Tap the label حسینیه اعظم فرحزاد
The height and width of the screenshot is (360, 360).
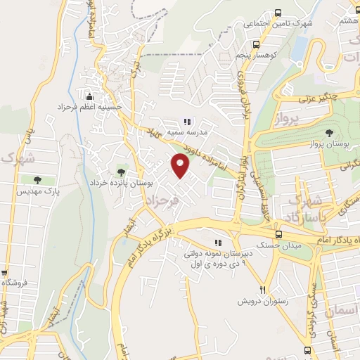pos(91,108)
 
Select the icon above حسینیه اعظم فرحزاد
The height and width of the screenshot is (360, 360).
pos(89,96)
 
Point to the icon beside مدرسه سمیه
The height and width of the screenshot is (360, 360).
pos(186,120)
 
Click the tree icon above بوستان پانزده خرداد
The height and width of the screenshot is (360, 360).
pos(121,170)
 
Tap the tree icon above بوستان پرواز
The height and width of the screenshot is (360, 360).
pos(329,131)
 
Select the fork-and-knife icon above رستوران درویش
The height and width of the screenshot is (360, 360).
pos(263,288)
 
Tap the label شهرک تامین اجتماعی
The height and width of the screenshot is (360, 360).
pos(277,24)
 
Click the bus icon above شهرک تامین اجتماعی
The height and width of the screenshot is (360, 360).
pos(278,13)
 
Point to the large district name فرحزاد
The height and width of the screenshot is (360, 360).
pos(162,202)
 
